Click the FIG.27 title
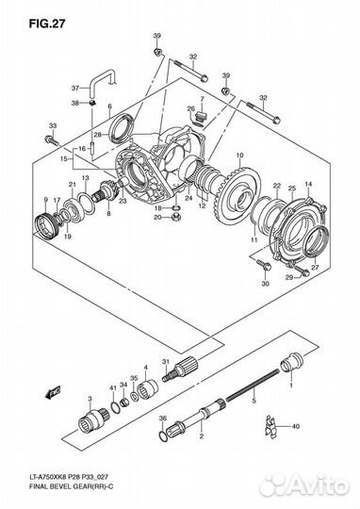click(x=47, y=24)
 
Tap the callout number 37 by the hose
click(x=75, y=88)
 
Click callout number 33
click(x=53, y=126)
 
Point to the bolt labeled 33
click(x=51, y=140)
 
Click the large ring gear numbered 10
click(x=237, y=195)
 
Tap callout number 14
click(x=308, y=184)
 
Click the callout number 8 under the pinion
click(x=108, y=213)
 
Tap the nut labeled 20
click(x=176, y=218)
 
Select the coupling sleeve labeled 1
click(x=291, y=363)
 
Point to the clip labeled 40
click(x=271, y=427)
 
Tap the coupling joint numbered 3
click(x=94, y=421)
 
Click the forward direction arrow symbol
click(x=53, y=392)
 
